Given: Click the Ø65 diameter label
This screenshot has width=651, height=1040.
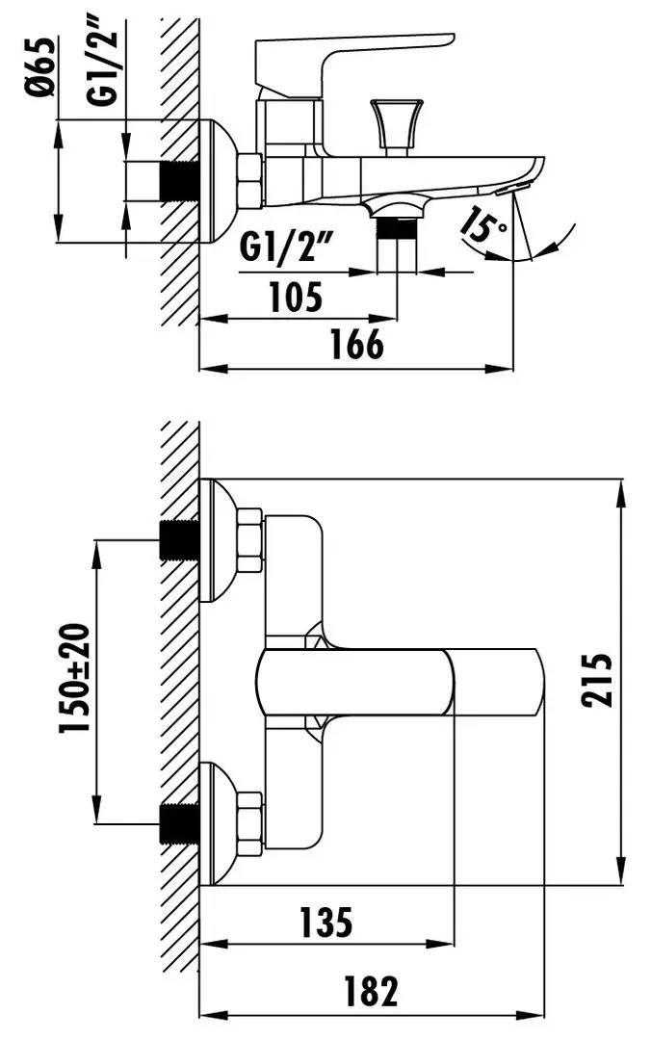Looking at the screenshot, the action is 41,67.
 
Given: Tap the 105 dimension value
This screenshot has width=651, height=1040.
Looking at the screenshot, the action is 296,297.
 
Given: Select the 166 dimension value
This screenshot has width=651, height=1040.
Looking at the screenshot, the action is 357,344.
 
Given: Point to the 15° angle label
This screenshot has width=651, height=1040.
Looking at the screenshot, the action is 483,224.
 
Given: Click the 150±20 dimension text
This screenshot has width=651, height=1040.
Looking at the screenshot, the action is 74,678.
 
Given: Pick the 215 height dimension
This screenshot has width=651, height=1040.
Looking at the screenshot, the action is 596,681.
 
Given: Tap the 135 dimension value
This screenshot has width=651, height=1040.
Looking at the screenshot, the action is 325,923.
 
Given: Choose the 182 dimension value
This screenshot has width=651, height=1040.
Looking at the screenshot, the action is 371,991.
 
